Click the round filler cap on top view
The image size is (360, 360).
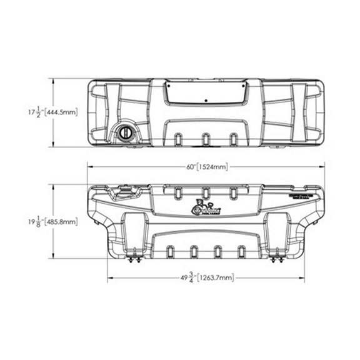click(124, 132)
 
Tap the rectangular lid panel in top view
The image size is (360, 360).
click(206, 93)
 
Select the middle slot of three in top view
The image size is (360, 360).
click(206, 138)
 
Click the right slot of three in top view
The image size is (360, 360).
click(234, 138)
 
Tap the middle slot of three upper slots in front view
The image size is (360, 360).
click(206, 194)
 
